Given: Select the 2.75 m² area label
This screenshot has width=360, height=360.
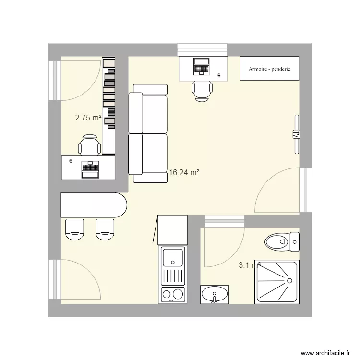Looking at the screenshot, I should tap(88, 117).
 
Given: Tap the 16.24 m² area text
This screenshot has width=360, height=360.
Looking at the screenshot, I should tap(184, 172).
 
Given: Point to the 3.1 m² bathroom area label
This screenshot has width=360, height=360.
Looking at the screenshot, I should tap(249, 264).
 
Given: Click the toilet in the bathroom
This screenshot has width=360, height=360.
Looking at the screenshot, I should tap(281, 240).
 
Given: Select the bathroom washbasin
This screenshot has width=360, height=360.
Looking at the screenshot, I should tap(215, 294).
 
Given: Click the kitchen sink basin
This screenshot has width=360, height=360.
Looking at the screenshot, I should tap(172, 257).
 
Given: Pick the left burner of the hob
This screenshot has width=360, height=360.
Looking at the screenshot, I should tap(167, 294).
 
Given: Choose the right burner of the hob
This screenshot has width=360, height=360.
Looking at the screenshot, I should tap(178, 294).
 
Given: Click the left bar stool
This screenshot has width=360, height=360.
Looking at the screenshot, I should tap(74, 229).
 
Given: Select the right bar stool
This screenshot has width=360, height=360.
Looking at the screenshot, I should tap(106, 229).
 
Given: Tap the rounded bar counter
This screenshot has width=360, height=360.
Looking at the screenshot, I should tap(94, 205).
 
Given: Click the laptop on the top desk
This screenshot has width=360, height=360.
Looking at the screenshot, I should tap(201, 66).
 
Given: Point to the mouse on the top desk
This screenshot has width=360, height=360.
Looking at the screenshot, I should tap(219, 75).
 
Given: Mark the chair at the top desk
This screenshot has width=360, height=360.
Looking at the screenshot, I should tap(202, 91).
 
